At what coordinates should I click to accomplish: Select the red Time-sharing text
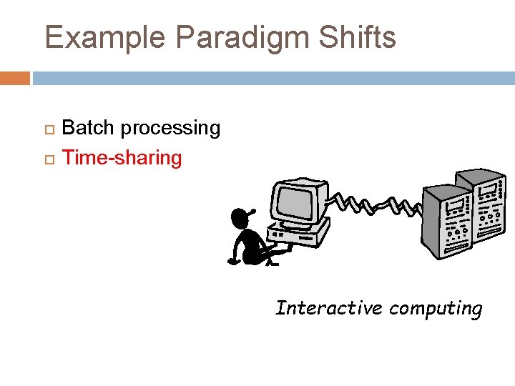122,157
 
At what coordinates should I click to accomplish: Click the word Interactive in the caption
329,308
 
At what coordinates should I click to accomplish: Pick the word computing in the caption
436,309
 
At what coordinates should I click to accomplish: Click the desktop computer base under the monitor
300,232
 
